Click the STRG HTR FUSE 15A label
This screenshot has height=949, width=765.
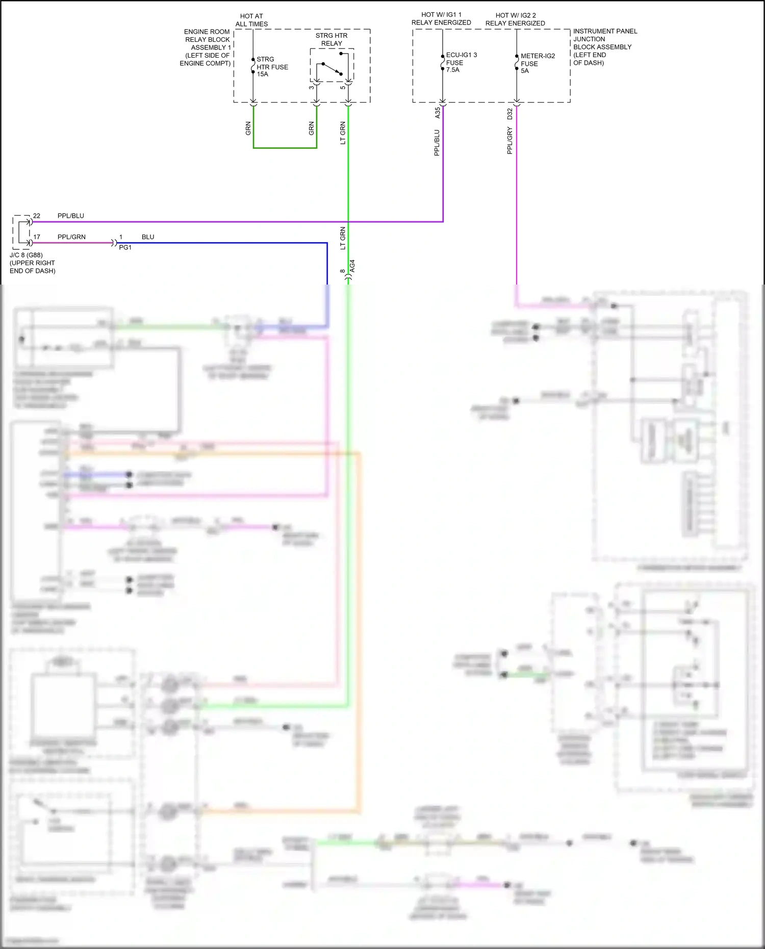[x=272, y=67]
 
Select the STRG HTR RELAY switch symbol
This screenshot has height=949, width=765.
[x=331, y=69]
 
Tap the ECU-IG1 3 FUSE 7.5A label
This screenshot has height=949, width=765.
[x=461, y=62]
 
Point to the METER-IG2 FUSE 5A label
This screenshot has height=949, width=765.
[x=537, y=63]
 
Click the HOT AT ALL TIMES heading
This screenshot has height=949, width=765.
[x=251, y=20]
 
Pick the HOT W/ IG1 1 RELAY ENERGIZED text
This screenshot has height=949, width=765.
[x=441, y=19]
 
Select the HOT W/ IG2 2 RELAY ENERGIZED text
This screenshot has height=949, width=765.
[x=515, y=19]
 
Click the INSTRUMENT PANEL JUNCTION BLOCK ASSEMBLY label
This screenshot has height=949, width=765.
[x=604, y=47]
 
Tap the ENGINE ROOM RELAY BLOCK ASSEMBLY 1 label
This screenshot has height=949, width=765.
[x=206, y=47]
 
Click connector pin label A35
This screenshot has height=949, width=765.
[x=438, y=113]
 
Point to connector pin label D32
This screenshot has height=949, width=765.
[x=509, y=114]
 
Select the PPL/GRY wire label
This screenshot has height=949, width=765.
[x=509, y=141]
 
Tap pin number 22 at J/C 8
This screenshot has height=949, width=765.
[x=37, y=216]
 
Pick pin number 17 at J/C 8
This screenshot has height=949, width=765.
[x=37, y=237]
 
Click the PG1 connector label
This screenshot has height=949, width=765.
[x=125, y=247]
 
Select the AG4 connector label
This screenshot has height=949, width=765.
[x=352, y=266]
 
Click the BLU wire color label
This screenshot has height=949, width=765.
[x=148, y=237]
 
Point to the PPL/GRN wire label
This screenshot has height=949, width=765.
[x=71, y=237]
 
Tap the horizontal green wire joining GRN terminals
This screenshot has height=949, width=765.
[x=285, y=148]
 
